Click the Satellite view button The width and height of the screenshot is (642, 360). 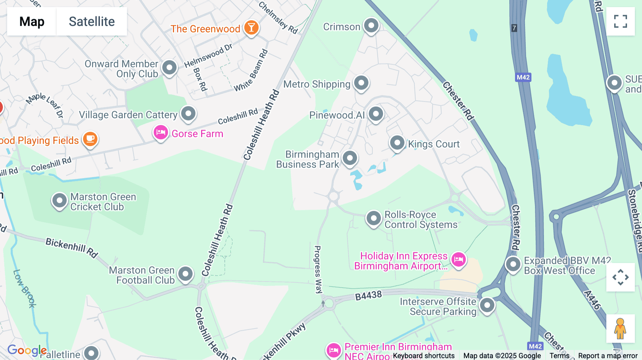click(x=92, y=21)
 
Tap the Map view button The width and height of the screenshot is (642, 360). click(x=32, y=21)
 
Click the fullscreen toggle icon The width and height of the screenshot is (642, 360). click(x=620, y=21)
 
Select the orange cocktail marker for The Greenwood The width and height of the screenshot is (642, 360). click(x=251, y=27)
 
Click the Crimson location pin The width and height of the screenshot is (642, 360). click(x=371, y=26)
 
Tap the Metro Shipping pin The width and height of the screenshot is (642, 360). click(x=361, y=83)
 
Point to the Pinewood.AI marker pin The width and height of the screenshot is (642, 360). click(x=376, y=114)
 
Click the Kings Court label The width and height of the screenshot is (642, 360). click(x=433, y=144)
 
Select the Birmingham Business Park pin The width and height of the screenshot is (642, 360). click(x=350, y=158)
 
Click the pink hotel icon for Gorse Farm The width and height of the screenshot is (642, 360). click(x=160, y=133)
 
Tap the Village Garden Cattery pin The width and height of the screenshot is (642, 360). click(x=188, y=114)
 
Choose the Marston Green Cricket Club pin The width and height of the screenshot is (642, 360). click(x=59, y=201)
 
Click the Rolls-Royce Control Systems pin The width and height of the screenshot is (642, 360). click(x=373, y=218)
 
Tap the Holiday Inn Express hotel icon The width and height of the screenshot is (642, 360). click(x=458, y=259)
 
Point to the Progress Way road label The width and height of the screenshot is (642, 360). click(x=317, y=269)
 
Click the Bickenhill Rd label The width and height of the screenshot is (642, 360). click(x=71, y=247)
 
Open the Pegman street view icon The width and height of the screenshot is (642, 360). click(x=620, y=328)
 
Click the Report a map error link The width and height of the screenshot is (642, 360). click(x=607, y=355)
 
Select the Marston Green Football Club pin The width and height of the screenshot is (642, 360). click(x=185, y=274)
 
